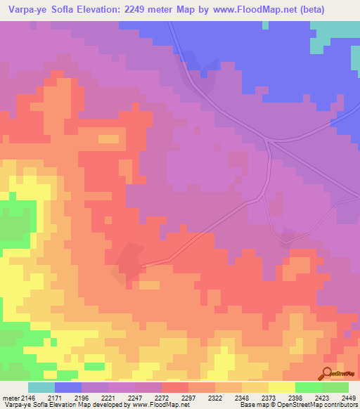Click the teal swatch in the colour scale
tap(41, 387)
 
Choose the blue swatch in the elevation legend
tap(68, 387)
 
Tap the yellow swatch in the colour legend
tap(281, 387)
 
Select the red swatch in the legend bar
tap(174, 387)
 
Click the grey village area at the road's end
tap(128, 262)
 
